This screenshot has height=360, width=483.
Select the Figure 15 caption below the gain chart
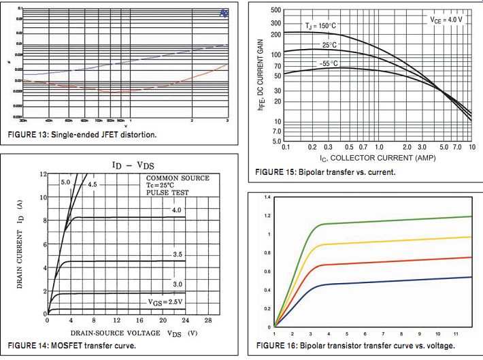[x=326, y=171]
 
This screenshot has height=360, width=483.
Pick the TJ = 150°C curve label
[x=320, y=26]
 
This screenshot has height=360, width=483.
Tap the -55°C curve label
[x=329, y=63]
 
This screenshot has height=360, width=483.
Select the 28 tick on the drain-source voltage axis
[x=208, y=321]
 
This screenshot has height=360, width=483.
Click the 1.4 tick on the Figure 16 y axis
[x=268, y=197]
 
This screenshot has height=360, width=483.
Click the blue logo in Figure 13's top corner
[x=224, y=14]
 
